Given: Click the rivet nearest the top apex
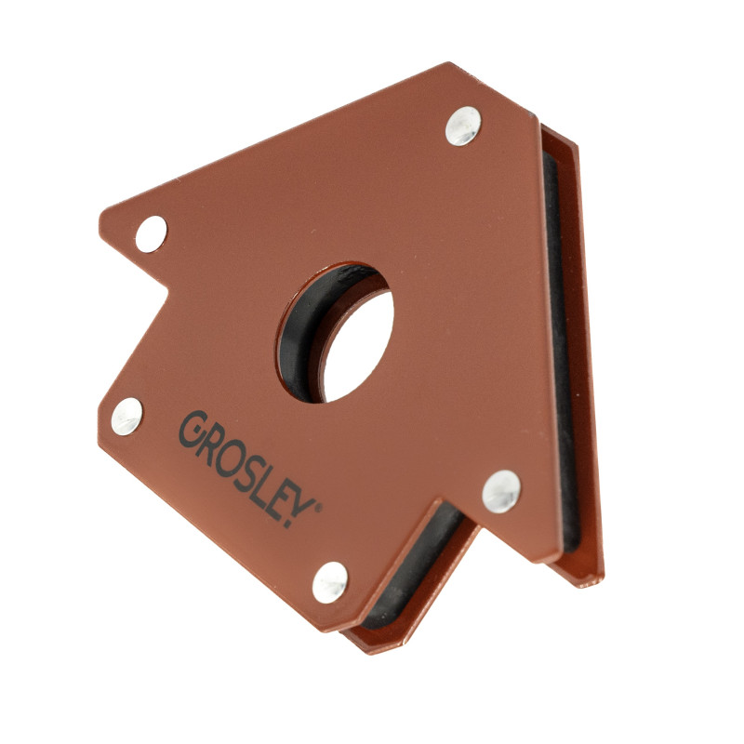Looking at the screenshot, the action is pos(463,126).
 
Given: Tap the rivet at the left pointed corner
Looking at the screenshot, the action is pos(152,234).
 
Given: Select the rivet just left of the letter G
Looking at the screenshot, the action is pos(126,416).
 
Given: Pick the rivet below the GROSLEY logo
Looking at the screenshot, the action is pos(330,582).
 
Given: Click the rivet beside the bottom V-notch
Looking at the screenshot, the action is pos(501,492).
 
